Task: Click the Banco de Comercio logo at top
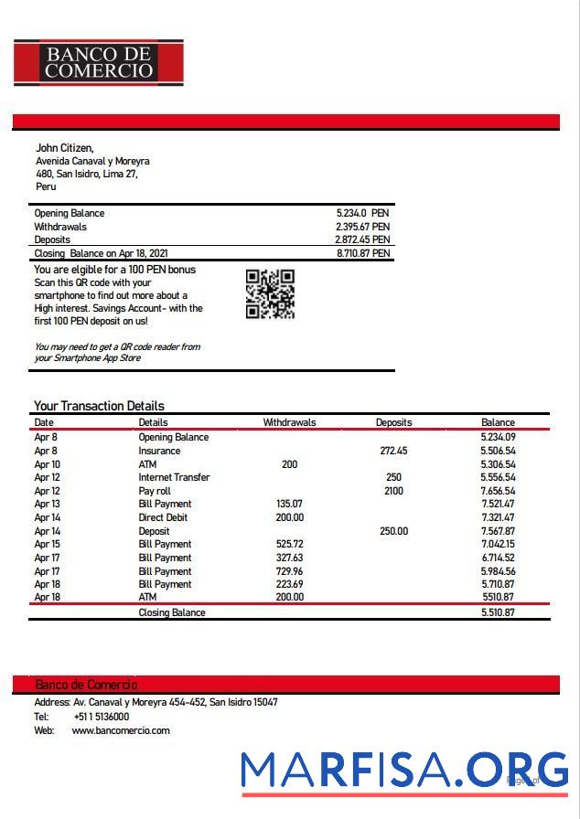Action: [99, 62]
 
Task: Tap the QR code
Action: [270, 294]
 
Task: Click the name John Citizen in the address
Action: [64, 148]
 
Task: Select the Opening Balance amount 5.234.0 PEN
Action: [362, 213]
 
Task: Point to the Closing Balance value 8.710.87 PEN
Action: [362, 253]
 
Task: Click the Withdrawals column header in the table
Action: [289, 422]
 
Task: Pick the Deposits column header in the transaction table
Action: [393, 422]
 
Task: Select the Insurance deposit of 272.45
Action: [393, 451]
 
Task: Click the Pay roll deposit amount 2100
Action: [393, 491]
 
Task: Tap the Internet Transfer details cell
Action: [174, 477]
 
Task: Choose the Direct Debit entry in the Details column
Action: [163, 517]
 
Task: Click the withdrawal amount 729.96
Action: [289, 570]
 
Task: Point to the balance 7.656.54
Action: [498, 491]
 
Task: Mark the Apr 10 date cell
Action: [47, 464]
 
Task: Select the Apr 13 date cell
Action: [47, 504]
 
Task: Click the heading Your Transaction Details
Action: [99, 406]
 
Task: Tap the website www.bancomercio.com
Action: [121, 730]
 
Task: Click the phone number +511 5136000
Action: [102, 717]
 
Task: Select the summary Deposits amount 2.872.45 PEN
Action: [362, 239]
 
